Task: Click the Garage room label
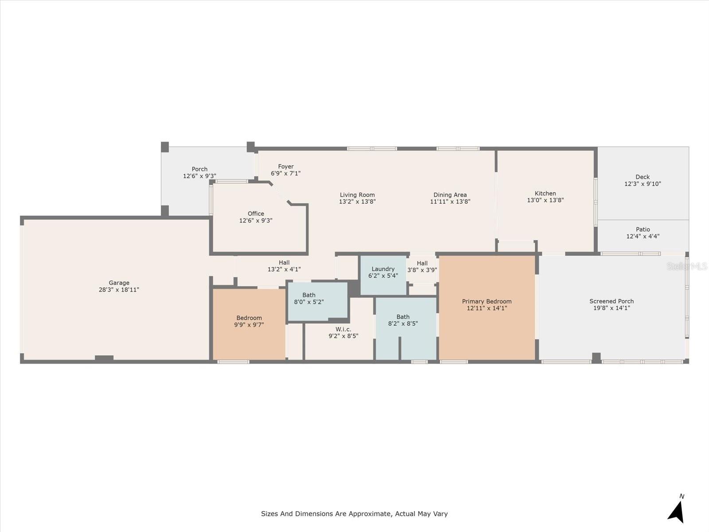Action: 119,283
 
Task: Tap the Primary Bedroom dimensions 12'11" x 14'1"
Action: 487,308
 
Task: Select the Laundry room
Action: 383,275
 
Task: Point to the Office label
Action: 256,214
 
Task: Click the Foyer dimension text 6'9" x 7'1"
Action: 285,173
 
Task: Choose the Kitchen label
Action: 545,193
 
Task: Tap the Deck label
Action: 643,177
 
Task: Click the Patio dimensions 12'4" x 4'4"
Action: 643,236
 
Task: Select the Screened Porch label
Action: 612,301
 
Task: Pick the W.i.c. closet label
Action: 343,329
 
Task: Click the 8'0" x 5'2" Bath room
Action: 318,302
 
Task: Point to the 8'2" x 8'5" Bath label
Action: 403,317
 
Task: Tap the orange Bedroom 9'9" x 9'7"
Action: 249,324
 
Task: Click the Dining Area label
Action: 450,195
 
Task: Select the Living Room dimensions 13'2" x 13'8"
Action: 357,202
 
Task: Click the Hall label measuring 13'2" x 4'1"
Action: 284,262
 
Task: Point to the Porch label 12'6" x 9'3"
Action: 199,169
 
